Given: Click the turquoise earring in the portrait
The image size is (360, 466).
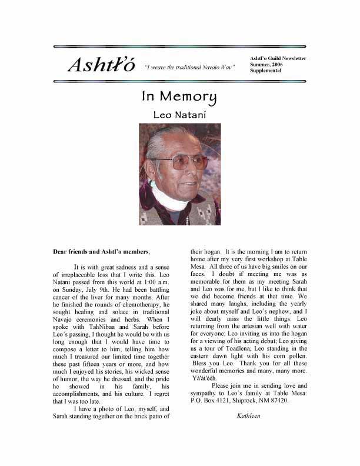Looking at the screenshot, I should [x=153, y=184].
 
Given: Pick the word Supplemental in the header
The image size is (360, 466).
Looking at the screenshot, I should [x=266, y=71].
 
